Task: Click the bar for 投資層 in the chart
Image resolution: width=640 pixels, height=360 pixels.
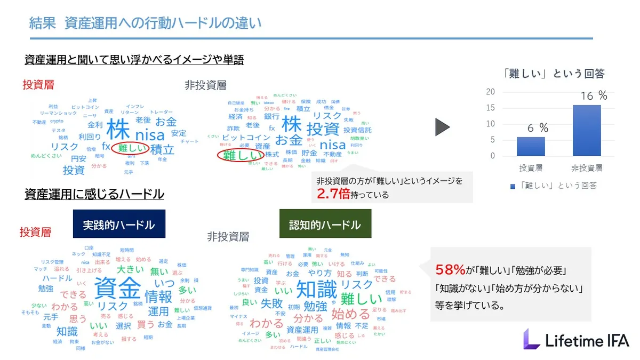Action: pos(530,147)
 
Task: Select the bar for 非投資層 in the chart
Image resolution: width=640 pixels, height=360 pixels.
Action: pos(586,131)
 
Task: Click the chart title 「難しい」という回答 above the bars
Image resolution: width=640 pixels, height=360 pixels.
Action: pos(554,74)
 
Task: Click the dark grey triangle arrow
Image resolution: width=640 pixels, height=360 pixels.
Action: pos(442,127)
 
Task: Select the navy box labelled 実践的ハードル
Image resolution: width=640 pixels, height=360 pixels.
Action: pos(119,224)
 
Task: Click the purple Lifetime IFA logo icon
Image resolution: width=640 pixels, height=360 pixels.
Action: pos(531,339)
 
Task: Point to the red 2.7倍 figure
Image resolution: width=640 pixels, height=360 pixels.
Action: pos(333,194)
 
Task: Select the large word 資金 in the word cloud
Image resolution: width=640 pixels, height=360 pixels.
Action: pos(117,289)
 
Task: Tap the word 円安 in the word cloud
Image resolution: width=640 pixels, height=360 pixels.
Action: pos(78,158)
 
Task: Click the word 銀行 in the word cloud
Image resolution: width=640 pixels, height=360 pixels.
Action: pos(271,116)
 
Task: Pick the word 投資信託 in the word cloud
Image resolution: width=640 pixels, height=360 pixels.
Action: pos(357,130)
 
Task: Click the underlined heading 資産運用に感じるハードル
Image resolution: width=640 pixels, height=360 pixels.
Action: pos(94,195)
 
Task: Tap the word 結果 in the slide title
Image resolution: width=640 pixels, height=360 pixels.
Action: pos(42,23)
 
